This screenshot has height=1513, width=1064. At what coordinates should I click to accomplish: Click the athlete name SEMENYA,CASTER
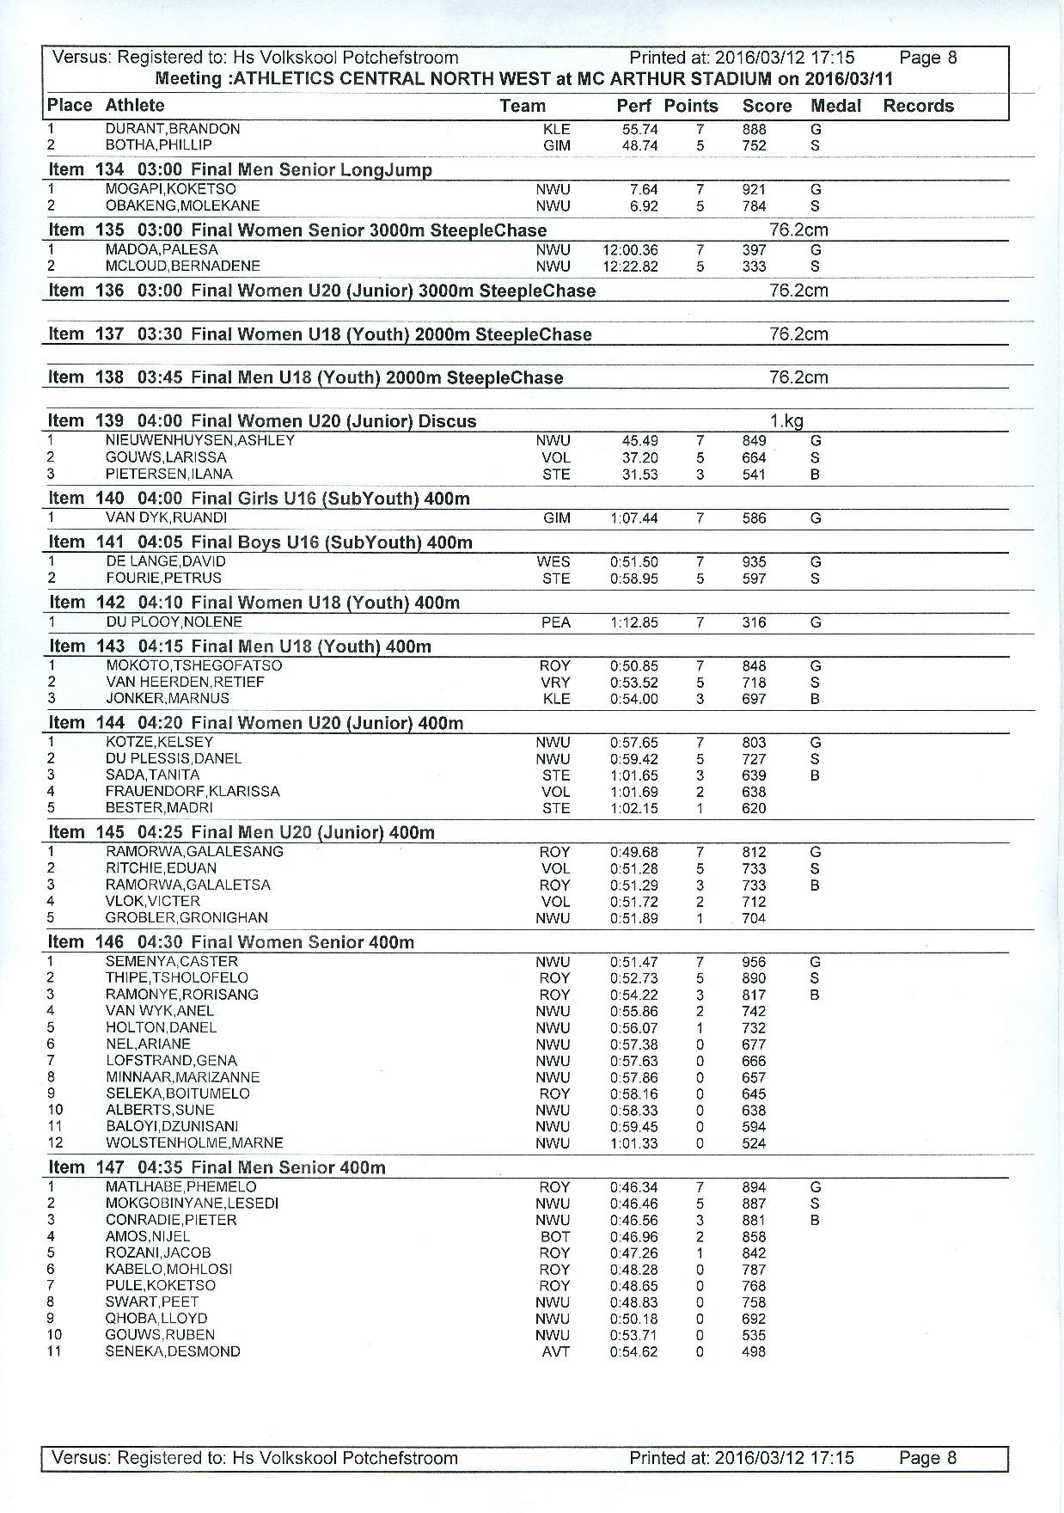[171, 961]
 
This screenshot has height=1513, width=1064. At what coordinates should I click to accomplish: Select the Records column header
[918, 106]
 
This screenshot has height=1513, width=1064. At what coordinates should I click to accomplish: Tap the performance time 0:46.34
[633, 1187]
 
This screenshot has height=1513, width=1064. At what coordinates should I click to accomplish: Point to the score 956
[754, 962]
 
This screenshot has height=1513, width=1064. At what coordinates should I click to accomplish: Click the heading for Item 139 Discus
[262, 420]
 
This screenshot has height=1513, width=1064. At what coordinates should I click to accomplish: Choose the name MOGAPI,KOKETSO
[170, 189]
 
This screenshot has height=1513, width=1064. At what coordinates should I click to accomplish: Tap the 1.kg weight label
[786, 421]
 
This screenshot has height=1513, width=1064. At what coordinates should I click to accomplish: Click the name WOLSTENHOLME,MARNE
[193, 1142]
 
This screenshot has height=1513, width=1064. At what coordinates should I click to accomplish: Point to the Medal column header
[835, 106]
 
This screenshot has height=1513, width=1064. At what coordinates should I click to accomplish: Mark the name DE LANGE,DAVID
[165, 561]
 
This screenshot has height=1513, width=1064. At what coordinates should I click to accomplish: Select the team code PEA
[555, 622]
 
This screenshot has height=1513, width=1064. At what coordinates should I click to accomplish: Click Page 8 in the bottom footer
[927, 1458]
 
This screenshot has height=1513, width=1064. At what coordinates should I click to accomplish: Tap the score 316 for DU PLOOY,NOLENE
[754, 622]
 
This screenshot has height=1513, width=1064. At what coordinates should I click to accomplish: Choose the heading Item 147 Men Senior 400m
[217, 1167]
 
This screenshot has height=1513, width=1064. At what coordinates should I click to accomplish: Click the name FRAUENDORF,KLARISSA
[193, 791]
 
